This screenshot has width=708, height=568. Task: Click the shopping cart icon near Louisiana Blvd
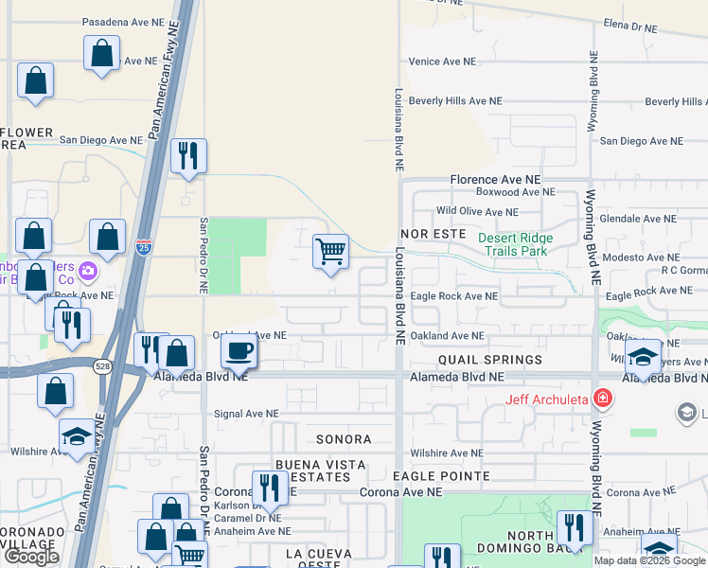pyautogui.click(x=330, y=252)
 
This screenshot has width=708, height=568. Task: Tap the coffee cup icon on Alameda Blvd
pyautogui.click(x=238, y=350)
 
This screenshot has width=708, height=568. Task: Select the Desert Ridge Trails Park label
pyautogui.click(x=514, y=244)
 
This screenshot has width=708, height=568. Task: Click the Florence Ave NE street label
pyautogui.click(x=495, y=178)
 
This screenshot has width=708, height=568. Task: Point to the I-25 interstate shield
pyautogui.click(x=143, y=248)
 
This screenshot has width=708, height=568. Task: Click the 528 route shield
pyautogui.click(x=101, y=364)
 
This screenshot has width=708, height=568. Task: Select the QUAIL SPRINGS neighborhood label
pyautogui.click(x=490, y=360)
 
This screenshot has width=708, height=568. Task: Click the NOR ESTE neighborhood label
pyautogui.click(x=434, y=232)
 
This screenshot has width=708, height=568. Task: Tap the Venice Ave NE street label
pyautogui.click(x=442, y=62)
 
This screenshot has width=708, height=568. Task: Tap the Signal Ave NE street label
pyautogui.click(x=247, y=414)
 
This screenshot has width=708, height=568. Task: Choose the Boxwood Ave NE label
pyautogui.click(x=515, y=192)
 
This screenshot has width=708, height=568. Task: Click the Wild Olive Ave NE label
pyautogui.click(x=476, y=212)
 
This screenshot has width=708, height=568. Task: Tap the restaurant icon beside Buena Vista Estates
pyautogui.click(x=270, y=487)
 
